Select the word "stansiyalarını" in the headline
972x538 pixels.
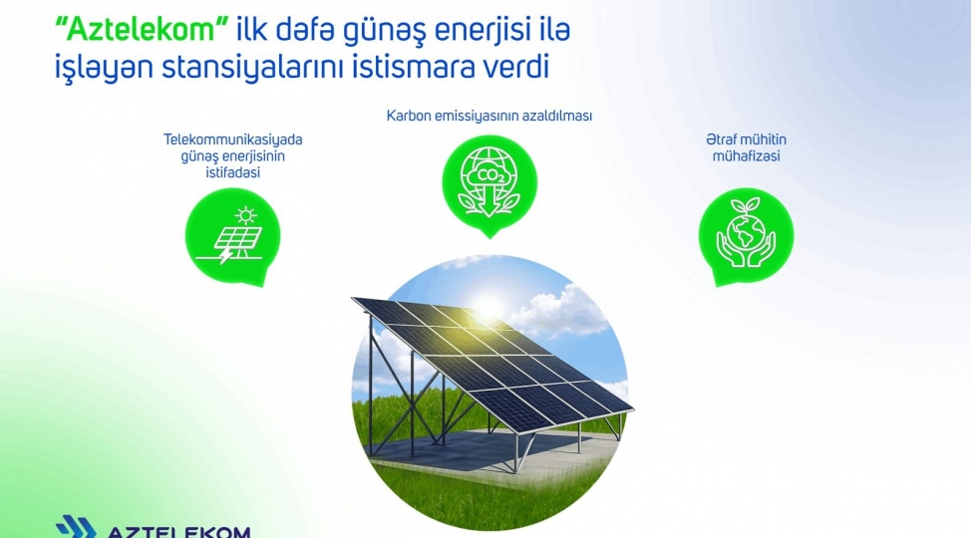tap(241, 69)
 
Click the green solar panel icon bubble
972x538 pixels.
tap(233, 235)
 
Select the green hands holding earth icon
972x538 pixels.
tap(746, 235)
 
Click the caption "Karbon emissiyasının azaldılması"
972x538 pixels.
tap(488, 116)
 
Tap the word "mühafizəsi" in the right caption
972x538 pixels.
tap(746, 156)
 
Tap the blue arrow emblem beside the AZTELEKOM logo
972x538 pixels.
tap(75, 527)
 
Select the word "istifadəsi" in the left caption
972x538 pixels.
tap(233, 173)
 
